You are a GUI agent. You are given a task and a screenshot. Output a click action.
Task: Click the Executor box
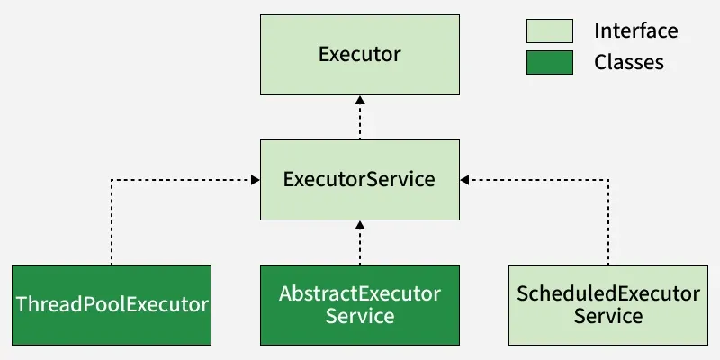coord(359,55)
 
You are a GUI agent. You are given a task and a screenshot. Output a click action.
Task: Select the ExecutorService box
coord(359,179)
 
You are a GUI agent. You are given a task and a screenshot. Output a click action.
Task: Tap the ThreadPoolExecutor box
coord(112,304)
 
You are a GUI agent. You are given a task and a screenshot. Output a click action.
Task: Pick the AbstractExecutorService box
coord(359,304)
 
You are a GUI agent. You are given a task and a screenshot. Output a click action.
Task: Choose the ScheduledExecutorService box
coord(607,304)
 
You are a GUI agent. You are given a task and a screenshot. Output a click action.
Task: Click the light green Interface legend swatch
coord(549,31)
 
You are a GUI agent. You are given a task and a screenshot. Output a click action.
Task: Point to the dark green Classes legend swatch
coord(549,62)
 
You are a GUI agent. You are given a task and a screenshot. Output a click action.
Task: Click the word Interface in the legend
coord(635,31)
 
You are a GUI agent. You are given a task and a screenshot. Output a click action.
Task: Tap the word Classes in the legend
coord(629,62)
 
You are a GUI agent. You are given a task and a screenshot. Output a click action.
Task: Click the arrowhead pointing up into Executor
coord(360,101)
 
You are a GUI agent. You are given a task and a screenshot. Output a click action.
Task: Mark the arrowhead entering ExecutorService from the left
coord(255,180)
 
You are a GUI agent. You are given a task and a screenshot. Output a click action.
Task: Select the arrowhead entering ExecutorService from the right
coord(465,180)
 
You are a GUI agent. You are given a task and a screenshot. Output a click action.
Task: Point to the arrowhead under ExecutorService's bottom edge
coord(360,225)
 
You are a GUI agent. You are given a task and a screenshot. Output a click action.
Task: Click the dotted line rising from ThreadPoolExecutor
coord(112,225)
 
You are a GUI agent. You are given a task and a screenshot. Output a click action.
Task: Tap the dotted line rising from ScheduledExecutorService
coord(608,225)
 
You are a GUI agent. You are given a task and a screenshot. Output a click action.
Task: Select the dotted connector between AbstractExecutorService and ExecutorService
coord(360,247)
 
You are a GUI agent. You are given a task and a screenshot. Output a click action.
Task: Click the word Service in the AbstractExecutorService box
coord(359,316)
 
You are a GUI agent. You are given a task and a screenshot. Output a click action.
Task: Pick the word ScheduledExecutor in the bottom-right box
coord(607,293)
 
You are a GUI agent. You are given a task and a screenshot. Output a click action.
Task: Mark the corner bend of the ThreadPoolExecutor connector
coord(112,180)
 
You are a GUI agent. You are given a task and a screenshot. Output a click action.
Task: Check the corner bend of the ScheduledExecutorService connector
coord(608,180)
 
